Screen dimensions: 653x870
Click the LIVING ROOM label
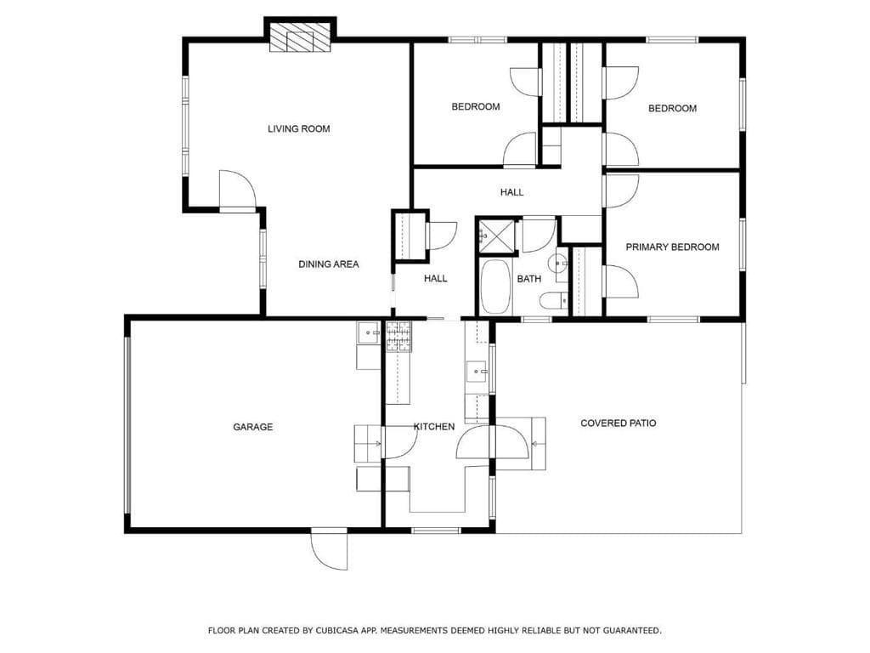tap(298, 129)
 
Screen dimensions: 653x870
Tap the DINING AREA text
tap(328, 264)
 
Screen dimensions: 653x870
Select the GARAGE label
tap(253, 427)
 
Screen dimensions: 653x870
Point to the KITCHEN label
tap(434, 427)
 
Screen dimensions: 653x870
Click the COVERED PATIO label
tap(618, 423)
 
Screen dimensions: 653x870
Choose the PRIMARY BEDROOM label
tap(672, 247)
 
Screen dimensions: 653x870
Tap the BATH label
tap(529, 279)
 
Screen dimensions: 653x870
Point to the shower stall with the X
tap(496, 235)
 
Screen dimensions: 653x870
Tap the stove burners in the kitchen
tap(398, 337)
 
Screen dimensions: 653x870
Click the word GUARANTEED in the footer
tap(630, 631)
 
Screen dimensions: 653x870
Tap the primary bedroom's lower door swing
tap(620, 281)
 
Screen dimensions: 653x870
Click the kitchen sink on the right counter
tap(476, 371)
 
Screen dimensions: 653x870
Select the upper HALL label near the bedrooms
tap(511, 192)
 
